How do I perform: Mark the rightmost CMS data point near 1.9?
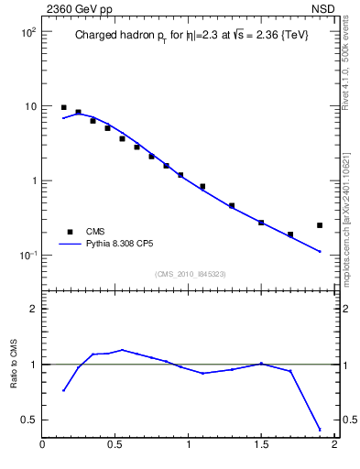(320, 225)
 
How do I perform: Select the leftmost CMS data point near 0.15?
(64, 107)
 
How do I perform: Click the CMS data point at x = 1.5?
(261, 223)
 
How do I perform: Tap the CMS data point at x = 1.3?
(232, 206)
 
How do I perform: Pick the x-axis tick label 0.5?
(115, 446)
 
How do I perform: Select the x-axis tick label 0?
(42, 446)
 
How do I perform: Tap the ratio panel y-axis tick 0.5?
(28, 420)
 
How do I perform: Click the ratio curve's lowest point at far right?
(320, 429)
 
